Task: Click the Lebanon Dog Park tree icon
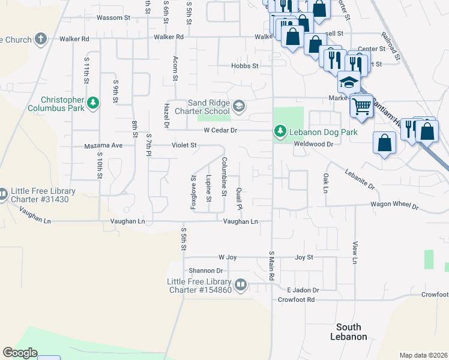coord(280,131)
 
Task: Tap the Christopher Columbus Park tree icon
coord(92,104)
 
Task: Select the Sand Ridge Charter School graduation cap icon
coord(238,106)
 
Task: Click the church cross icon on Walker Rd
coord(41,40)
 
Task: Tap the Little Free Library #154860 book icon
coord(240,284)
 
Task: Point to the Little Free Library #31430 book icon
coord(2,194)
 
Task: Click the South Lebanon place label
coord(348,332)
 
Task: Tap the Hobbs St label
coord(246,66)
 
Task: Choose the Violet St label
coord(185,145)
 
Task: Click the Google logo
coord(20,353)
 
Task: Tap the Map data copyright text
coord(423,355)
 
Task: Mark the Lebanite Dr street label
coord(360,179)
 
